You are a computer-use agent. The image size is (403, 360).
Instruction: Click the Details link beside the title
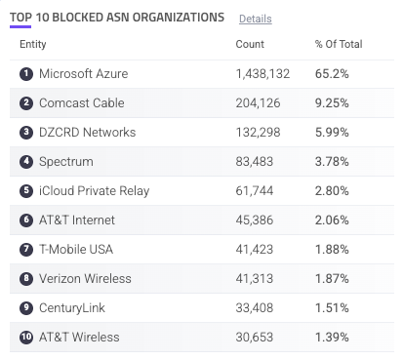click(x=256, y=19)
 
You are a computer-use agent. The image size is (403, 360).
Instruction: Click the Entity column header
click(x=33, y=44)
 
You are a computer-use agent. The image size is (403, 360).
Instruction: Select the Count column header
click(x=250, y=44)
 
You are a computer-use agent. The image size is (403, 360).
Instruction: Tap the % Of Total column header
click(x=339, y=44)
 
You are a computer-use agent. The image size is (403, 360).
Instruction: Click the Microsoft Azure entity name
click(x=84, y=74)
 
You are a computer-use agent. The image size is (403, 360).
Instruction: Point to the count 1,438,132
click(x=262, y=74)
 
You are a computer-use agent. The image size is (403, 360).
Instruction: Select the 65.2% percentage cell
click(x=332, y=74)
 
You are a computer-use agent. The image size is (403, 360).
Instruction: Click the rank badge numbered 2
click(x=26, y=103)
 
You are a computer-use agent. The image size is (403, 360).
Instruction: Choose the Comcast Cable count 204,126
click(x=258, y=103)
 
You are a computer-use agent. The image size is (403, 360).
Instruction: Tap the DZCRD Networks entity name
click(x=88, y=133)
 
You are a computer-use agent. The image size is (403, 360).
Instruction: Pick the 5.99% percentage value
click(x=332, y=133)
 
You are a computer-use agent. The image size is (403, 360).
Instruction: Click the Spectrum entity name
click(x=66, y=162)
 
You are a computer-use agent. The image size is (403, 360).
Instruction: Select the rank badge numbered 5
click(x=26, y=191)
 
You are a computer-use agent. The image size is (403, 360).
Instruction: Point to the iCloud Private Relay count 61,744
click(x=255, y=191)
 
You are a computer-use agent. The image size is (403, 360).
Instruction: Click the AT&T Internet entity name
click(x=77, y=220)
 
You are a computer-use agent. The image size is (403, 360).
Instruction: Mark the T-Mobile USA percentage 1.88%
click(x=332, y=250)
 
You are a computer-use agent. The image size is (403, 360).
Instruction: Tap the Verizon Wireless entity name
click(x=85, y=279)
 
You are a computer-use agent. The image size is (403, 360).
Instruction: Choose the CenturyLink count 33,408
click(x=255, y=308)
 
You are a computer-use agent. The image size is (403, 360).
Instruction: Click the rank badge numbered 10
click(x=26, y=338)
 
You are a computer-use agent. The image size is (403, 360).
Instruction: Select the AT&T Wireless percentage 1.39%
click(x=332, y=338)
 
